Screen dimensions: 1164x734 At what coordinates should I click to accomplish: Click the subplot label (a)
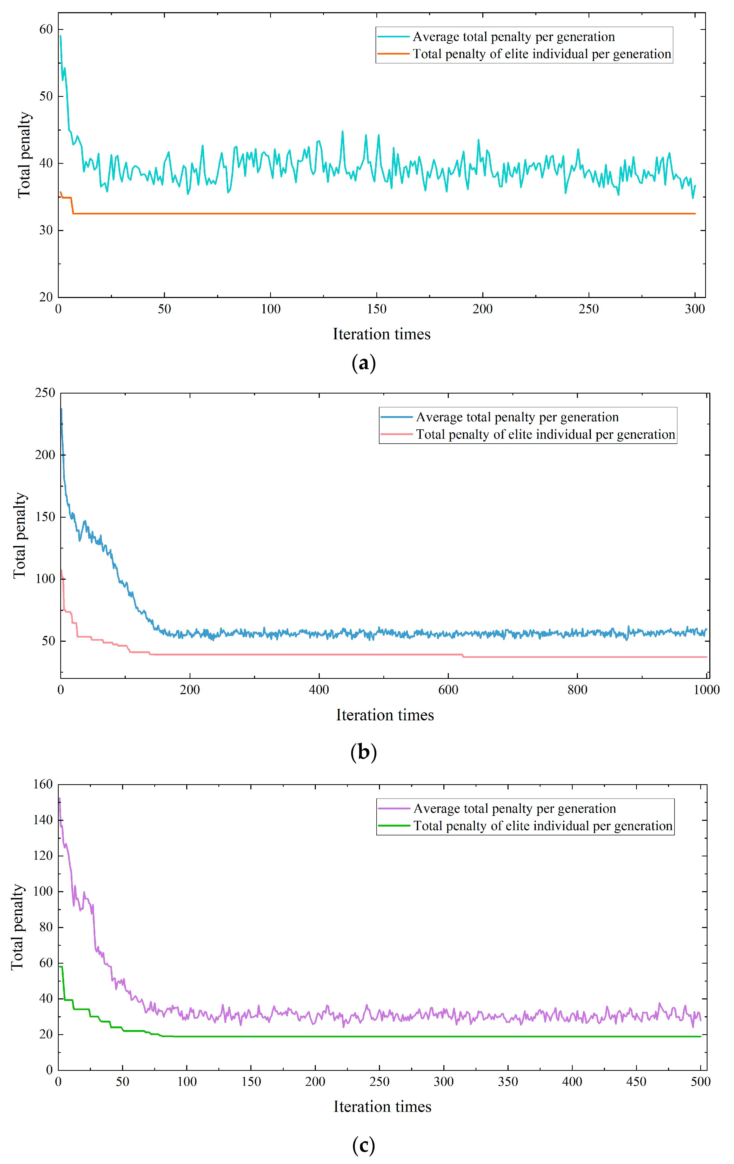pyautogui.click(x=364, y=363)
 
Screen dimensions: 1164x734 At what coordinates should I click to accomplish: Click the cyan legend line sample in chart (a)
pyautogui.click(x=393, y=37)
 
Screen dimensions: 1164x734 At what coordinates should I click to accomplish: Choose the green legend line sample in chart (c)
pyautogui.click(x=394, y=826)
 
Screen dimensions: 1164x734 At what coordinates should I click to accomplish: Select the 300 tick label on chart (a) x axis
pyautogui.click(x=695, y=309)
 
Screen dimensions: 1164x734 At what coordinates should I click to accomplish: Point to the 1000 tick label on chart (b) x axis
pyautogui.click(x=706, y=690)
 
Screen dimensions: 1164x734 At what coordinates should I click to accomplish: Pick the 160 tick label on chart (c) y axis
pyautogui.click(x=43, y=784)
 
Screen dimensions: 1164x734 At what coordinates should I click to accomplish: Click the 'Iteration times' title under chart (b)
pyautogui.click(x=385, y=715)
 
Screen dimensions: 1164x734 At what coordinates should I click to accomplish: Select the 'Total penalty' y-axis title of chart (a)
pyautogui.click(x=24, y=155)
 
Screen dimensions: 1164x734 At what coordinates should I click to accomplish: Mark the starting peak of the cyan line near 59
pyautogui.click(x=61, y=36)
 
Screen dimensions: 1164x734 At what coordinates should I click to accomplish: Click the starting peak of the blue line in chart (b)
pyautogui.click(x=61, y=409)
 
